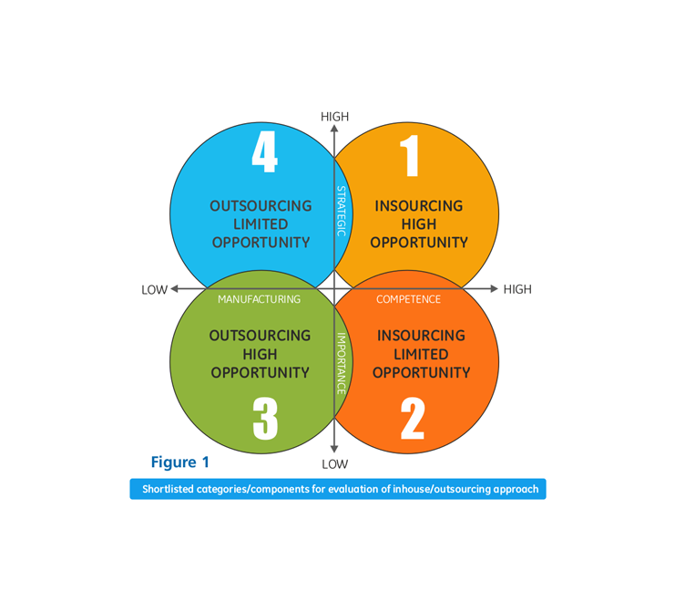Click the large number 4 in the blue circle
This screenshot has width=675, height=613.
[x=264, y=154]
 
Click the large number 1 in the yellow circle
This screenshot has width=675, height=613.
[x=410, y=154]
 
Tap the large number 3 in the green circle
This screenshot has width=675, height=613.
[x=265, y=419]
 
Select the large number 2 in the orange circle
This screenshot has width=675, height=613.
[x=413, y=419]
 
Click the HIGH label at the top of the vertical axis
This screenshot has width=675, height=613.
[x=334, y=117]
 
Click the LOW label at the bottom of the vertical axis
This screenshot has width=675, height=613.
[x=334, y=464]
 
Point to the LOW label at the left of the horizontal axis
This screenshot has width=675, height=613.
[x=154, y=290]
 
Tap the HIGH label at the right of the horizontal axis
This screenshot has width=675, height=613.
[x=517, y=289]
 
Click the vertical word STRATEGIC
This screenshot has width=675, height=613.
[x=342, y=212]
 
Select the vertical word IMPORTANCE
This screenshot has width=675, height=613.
[x=342, y=362]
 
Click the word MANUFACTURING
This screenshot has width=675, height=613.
[x=259, y=299]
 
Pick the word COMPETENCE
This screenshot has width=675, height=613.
[x=408, y=299]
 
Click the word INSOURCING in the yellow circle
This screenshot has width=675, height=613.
[x=419, y=206]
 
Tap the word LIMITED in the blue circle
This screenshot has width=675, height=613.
[x=261, y=224]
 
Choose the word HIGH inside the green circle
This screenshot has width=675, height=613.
[x=261, y=354]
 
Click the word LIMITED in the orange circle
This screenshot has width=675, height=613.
[x=421, y=354]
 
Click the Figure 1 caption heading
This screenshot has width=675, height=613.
[x=179, y=462]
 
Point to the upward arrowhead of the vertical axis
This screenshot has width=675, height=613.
[x=334, y=130]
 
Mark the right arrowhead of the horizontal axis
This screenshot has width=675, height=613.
[x=494, y=289]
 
